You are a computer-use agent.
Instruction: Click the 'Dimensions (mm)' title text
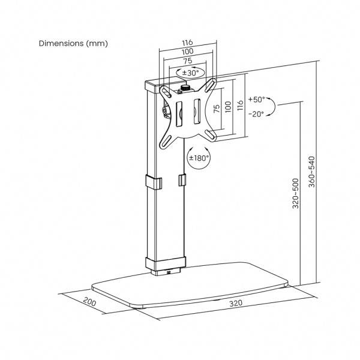pos(73,43)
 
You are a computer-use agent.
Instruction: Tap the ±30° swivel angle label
pos(190,73)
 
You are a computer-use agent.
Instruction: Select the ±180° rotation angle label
pos(199,158)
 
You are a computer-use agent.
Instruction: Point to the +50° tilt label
pos(256,100)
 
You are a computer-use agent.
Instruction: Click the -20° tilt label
pos(256,114)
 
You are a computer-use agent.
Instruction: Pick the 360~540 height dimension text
pos(311,172)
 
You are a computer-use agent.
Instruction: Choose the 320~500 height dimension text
pos(296,194)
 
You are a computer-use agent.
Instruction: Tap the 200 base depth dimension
pos(89,302)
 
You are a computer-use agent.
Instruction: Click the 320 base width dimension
pos(236,303)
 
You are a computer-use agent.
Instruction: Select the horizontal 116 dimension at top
pos(188,43)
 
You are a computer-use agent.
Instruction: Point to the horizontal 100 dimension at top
pos(188,52)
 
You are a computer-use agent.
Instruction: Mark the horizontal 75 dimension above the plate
pos(187,61)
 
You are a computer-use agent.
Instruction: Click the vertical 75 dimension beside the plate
pos(217,109)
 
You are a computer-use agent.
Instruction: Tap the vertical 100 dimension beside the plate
pos(228,107)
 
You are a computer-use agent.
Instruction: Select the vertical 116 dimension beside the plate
pos(240,105)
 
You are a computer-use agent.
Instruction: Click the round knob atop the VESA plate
pos(185,87)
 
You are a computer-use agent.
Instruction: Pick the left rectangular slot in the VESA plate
pos(179,114)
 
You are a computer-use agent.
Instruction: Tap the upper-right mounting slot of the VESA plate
pos(211,85)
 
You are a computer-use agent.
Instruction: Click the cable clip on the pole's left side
pos(154,182)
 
